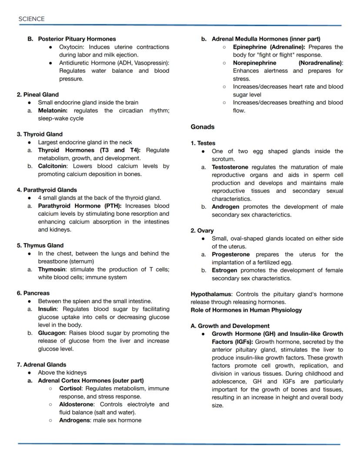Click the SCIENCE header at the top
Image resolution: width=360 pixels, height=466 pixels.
tap(31, 19)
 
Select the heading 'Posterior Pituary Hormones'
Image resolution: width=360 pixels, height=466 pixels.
tap(77, 39)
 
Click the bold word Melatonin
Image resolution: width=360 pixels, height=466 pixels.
tap(53, 111)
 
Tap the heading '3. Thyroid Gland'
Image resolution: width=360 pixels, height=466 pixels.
tap(40, 134)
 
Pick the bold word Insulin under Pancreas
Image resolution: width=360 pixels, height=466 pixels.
tap(48, 309)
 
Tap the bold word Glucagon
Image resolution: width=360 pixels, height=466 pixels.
tap(52, 333)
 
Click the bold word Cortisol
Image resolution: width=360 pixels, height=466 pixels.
tap(71, 389)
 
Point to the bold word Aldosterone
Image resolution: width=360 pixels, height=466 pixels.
tap(77, 405)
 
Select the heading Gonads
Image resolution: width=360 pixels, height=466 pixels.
tap(203, 127)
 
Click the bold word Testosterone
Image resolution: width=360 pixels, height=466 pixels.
tap(230, 167)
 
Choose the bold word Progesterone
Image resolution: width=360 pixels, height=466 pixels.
tap(230, 255)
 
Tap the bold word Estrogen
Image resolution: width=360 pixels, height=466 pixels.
tap(224, 270)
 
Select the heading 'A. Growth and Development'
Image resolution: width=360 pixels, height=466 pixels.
tap(230, 326)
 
